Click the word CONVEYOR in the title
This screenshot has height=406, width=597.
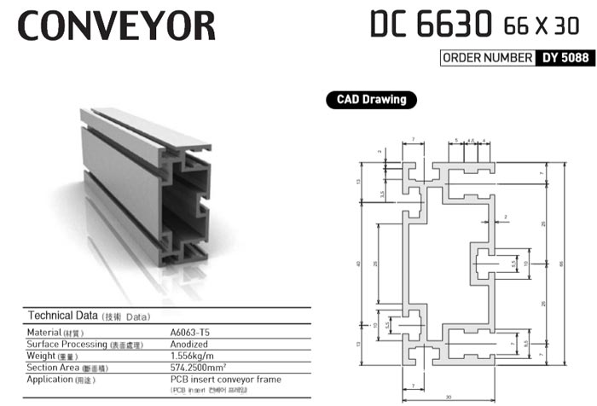click(116, 26)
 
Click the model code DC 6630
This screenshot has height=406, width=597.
click(431, 25)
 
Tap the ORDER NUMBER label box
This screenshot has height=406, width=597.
click(485, 59)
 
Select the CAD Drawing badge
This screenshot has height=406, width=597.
click(366, 100)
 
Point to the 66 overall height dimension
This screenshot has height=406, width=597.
click(560, 264)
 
